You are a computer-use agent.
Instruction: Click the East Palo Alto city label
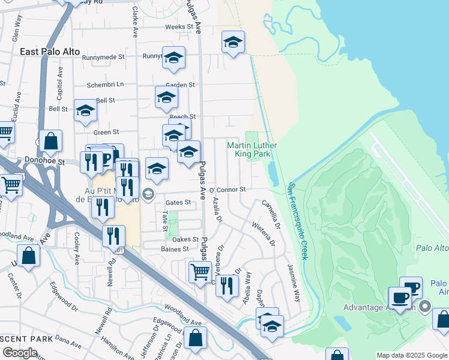(50, 52)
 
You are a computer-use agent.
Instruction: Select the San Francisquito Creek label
(298, 221)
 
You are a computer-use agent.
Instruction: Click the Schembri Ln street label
(105, 85)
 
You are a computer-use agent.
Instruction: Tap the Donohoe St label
(45, 161)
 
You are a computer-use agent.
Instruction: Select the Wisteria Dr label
(264, 234)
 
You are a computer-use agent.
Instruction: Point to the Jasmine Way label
(294, 281)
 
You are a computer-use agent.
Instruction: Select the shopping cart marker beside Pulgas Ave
(200, 271)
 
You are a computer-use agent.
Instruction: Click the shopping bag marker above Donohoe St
(51, 141)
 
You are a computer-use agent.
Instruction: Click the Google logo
(20, 352)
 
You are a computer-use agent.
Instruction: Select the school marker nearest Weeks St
(233, 42)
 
